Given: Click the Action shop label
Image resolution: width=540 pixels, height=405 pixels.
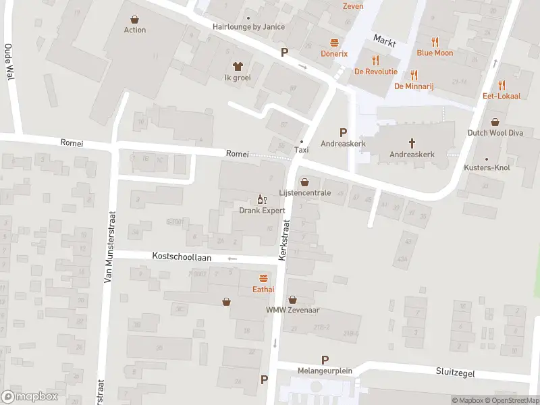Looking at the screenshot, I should [135, 30].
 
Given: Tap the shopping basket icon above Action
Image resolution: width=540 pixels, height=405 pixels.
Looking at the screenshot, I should [135, 19].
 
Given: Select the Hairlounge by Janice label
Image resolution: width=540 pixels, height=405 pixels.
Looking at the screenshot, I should [248, 27].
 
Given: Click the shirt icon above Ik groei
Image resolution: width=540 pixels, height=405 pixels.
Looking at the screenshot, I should [238, 66].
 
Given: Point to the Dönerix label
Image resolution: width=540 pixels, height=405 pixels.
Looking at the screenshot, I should [333, 53].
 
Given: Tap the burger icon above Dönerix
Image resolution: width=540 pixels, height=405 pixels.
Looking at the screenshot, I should [333, 42].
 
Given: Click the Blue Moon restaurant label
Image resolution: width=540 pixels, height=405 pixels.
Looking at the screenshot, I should [435, 53].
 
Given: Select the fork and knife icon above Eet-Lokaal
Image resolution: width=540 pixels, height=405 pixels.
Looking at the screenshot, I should [502, 85].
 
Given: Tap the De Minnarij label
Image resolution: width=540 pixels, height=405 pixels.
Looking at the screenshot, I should [414, 86].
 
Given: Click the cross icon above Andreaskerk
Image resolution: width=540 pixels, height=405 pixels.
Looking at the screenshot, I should [412, 142].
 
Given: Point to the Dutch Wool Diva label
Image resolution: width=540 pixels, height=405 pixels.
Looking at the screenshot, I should [495, 133].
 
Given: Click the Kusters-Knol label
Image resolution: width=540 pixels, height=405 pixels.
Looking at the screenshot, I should [487, 167].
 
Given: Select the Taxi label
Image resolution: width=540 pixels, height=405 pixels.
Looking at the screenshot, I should [301, 150].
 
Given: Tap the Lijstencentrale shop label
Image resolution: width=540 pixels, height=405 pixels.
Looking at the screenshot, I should [305, 192].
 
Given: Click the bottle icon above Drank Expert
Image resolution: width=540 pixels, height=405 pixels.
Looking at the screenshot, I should [263, 199].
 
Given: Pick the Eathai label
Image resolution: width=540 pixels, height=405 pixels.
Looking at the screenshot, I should [263, 289].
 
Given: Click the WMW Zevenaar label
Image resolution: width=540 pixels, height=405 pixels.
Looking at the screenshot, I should [292, 310].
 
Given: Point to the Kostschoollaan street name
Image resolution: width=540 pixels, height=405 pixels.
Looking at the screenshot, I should [182, 258].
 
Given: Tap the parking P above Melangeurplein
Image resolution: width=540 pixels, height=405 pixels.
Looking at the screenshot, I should [325, 360].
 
